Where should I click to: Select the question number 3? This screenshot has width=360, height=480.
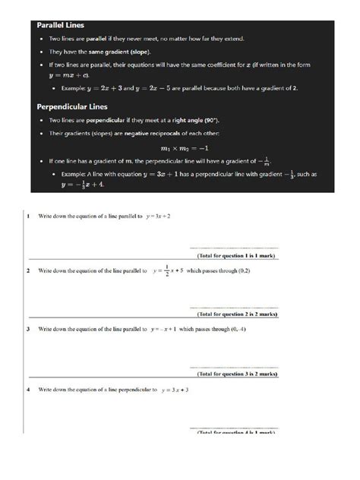[x=28, y=330]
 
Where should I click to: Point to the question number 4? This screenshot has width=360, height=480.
[x=28, y=390]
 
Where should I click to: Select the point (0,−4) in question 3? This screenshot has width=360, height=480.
[x=237, y=330]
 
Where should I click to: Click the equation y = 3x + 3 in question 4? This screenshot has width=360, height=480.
[x=175, y=390]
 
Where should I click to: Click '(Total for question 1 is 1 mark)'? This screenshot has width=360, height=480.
[x=238, y=256]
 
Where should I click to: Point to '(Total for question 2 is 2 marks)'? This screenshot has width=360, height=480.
[x=238, y=314]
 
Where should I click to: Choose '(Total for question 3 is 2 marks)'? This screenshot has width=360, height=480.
[x=238, y=374]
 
